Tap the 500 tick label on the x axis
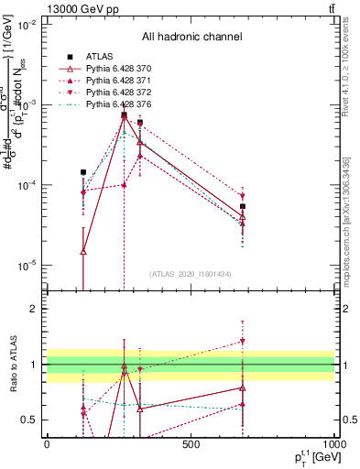pos(191,445)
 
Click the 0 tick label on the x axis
pos(47,445)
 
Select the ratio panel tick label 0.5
pos(30,420)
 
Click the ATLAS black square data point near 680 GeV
pos(243,207)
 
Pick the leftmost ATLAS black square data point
pos(83,172)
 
